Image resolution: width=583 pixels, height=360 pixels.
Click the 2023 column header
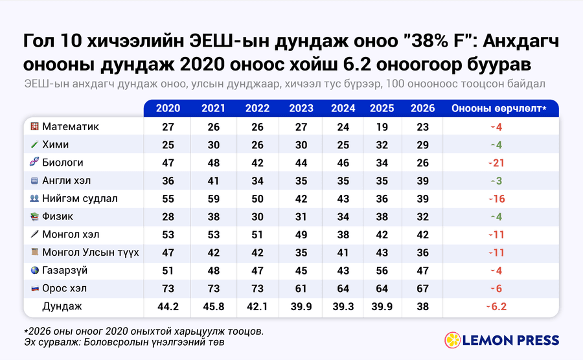(301, 109)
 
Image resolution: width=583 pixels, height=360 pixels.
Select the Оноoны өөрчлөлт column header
(499, 109)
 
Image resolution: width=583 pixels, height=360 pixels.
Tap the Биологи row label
(62, 163)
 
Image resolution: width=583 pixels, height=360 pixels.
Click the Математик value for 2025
(382, 127)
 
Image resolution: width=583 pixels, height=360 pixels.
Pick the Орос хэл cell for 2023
(301, 289)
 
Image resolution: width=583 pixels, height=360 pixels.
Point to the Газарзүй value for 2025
(382, 271)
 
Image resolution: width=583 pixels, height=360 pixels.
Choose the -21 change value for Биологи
(497, 163)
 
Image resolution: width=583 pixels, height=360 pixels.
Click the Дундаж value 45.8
(213, 307)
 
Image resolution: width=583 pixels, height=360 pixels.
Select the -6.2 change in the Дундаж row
(497, 307)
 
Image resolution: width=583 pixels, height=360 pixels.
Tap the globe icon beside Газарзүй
(34, 270)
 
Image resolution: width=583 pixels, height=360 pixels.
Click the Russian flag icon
(34, 288)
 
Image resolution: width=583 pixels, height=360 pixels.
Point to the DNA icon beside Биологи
(34, 162)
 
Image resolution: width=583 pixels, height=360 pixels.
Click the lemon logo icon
(453, 340)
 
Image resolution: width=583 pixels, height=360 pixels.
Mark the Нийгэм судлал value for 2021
(213, 199)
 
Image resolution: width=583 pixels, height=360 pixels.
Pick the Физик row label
(58, 216)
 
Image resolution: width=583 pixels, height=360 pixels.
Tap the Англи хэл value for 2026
(423, 181)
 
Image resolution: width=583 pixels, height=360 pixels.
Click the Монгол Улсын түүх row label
(90, 253)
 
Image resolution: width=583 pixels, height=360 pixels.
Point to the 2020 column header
(168, 109)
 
